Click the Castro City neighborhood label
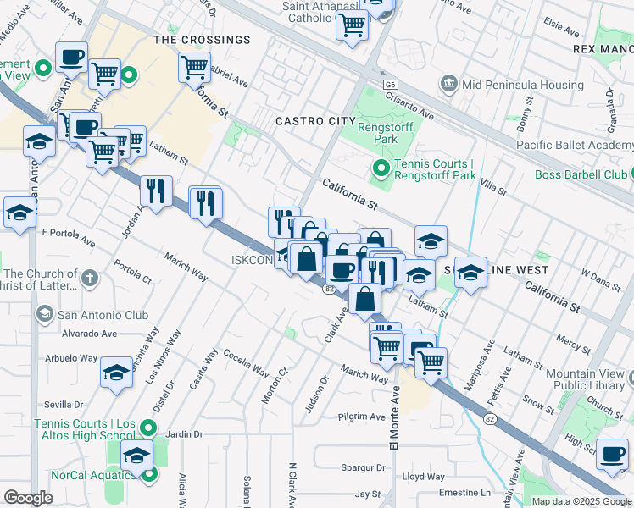[315, 122]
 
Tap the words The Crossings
[202, 40]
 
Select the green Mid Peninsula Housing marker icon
[448, 84]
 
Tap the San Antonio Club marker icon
[43, 316]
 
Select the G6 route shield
[390, 86]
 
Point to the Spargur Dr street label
[363, 467]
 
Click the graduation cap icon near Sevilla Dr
[116, 372]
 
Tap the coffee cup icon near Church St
[612, 455]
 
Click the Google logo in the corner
[28, 498]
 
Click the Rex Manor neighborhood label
[603, 50]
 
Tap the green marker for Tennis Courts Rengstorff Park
[381, 170]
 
